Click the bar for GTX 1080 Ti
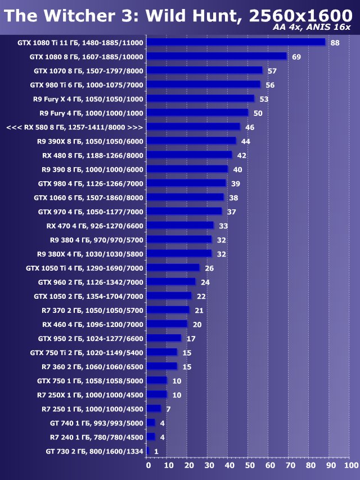tap(236, 42)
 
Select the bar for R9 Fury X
tap(201, 98)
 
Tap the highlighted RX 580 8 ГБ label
tap(74, 127)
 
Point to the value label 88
tap(335, 43)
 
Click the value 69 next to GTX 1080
tap(296, 57)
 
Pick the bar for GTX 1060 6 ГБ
tap(186, 198)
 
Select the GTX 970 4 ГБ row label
tap(91, 212)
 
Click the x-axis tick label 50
tap(250, 465)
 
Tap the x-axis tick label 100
tap(350, 465)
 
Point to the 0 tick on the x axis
tap(148, 465)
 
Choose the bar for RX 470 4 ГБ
tap(181, 226)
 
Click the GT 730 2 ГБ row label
tap(94, 451)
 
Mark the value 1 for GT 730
tap(156, 451)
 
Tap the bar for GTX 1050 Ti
tap(173, 268)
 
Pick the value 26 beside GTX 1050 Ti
tap(209, 268)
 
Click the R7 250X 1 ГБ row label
tap(93, 394)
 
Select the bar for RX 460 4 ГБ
tap(167, 324)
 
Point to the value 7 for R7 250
tap(168, 409)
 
